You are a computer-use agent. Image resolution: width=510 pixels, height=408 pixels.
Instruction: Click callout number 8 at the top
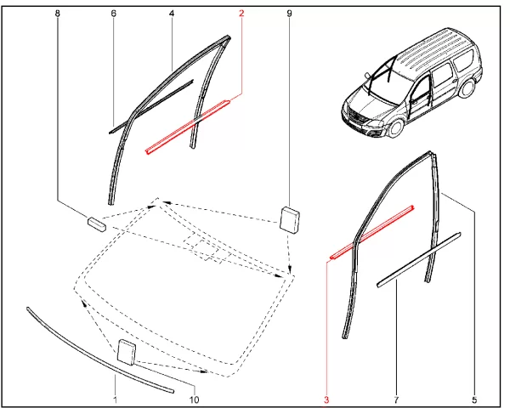click(x=58, y=14)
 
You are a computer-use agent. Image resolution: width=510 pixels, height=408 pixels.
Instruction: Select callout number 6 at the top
click(x=114, y=14)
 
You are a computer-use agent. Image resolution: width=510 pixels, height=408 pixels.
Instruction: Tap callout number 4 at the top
click(x=172, y=14)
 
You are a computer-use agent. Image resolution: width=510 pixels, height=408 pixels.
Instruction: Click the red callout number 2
click(x=241, y=14)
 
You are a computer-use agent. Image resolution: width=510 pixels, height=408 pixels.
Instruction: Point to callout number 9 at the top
click(x=290, y=14)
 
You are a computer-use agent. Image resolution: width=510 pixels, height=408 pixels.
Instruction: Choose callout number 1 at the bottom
click(x=115, y=399)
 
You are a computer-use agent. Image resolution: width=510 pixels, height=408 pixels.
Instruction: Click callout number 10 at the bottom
click(x=194, y=399)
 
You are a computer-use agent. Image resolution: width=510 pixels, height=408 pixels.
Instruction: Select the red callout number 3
click(x=326, y=399)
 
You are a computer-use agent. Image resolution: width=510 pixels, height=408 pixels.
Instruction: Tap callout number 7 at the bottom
click(x=396, y=399)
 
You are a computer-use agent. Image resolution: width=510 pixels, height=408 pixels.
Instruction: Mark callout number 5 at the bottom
click(x=474, y=399)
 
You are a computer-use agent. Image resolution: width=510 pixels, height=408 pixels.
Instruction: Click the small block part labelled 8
click(x=97, y=224)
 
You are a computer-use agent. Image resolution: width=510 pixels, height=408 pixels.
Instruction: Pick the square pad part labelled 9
click(x=290, y=219)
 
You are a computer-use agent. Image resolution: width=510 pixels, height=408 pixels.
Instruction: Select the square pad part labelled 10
click(x=126, y=352)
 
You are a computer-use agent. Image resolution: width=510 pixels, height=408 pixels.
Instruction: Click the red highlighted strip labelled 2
click(x=188, y=127)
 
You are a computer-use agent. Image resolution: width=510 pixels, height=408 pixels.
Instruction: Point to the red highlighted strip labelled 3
click(x=371, y=232)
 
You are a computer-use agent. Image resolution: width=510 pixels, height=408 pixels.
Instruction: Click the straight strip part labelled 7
click(x=419, y=259)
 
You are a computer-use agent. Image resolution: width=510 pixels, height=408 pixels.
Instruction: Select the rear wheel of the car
click(x=467, y=88)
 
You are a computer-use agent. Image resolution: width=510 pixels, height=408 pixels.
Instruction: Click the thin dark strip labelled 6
click(x=150, y=106)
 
